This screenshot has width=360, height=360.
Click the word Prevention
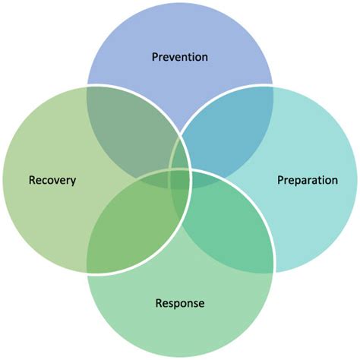pyautogui.click(x=180, y=57)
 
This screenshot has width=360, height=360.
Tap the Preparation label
pyautogui.click(x=307, y=181)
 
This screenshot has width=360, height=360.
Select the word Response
pyautogui.click(x=180, y=304)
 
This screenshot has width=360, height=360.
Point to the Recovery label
pyautogui.click(x=52, y=181)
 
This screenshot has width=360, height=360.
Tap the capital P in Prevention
pyautogui.click(x=155, y=57)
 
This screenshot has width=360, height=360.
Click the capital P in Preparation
pyautogui.click(x=280, y=181)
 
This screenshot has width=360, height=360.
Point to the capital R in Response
pyautogui.click(x=159, y=304)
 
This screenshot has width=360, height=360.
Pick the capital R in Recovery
pyautogui.click(x=32, y=181)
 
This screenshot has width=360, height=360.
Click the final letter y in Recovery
pyautogui.click(x=74, y=182)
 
